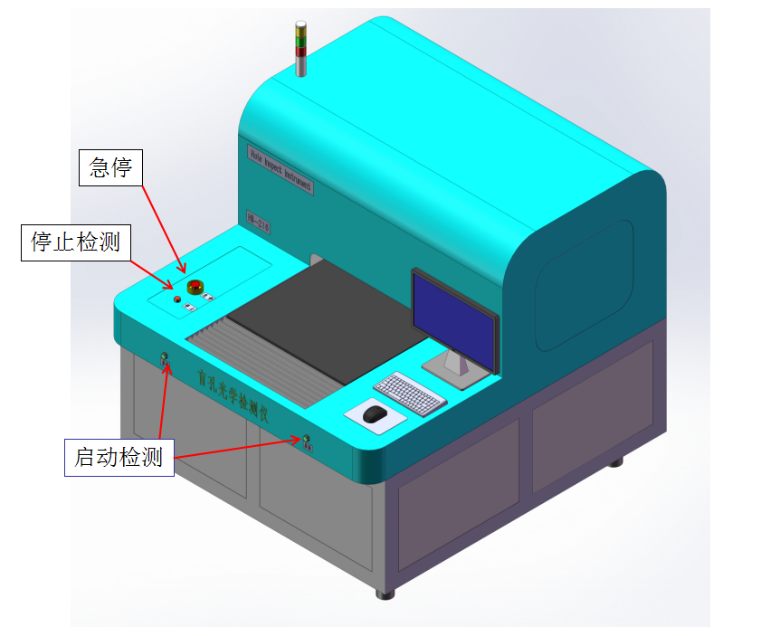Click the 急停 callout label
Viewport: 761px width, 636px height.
click(111, 166)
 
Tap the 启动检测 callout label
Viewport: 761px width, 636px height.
click(119, 458)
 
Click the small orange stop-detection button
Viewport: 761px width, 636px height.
click(177, 298)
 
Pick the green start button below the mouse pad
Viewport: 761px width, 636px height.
click(307, 441)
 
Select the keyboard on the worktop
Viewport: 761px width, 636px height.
click(409, 391)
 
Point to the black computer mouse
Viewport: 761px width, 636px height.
click(375, 414)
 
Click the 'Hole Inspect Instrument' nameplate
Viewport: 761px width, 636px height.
click(280, 168)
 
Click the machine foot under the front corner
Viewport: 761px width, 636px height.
click(386, 593)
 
